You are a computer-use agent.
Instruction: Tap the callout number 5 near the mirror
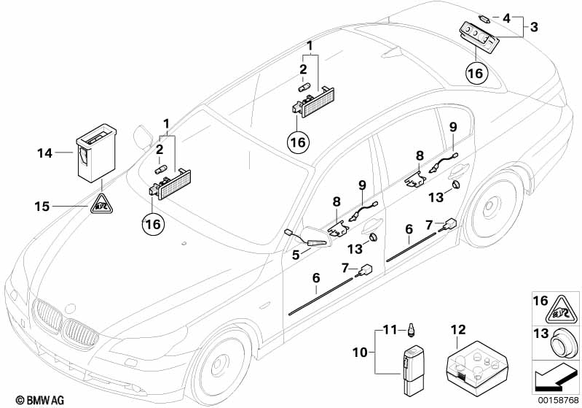click(295, 255)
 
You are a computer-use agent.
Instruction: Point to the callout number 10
click(359, 351)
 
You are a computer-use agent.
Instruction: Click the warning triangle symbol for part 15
click(100, 206)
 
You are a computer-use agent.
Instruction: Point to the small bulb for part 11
click(412, 331)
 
